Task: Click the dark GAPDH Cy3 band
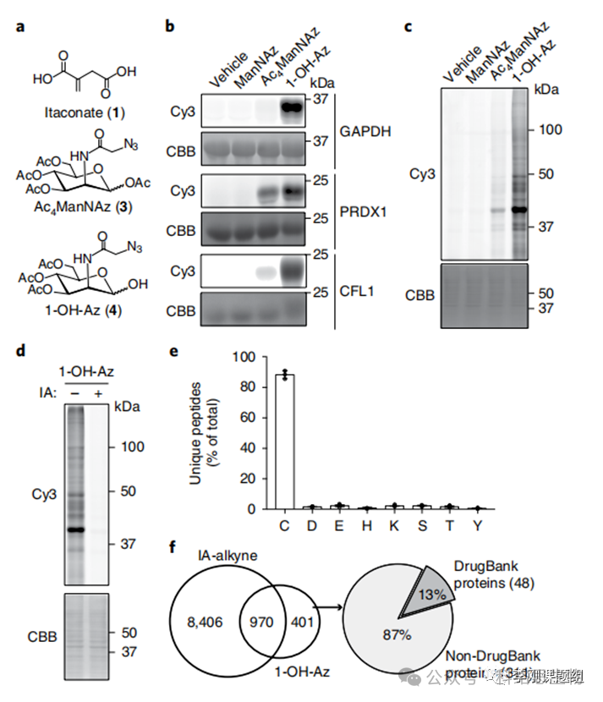[292, 107]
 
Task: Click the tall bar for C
[286, 441]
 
